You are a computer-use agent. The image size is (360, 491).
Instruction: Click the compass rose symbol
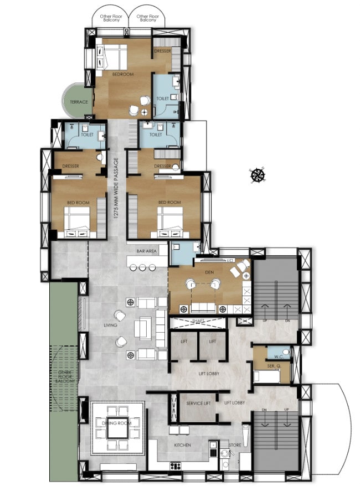257,175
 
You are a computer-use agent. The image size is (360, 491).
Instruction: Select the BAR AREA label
147,251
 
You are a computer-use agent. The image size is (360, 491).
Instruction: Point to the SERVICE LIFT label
198,403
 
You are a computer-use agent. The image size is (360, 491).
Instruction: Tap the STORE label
235,445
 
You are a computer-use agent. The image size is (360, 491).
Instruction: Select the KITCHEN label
183,445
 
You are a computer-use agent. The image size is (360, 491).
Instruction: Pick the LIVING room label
110,325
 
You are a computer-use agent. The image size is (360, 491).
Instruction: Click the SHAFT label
198,321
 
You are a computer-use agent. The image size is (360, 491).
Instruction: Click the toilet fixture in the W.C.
285,352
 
